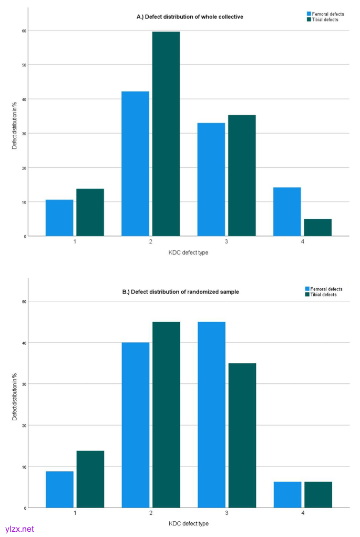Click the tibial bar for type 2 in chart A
(166, 134)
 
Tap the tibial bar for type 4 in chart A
(317, 227)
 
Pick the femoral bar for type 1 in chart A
(59, 218)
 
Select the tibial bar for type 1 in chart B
(90, 479)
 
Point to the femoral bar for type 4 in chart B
(287, 494)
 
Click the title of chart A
(190, 17)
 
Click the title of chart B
(188, 291)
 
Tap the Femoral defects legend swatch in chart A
(308, 13)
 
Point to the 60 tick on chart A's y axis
(24, 31)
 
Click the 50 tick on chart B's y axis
(24, 301)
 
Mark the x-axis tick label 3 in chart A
(227, 241)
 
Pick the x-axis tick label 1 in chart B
(75, 513)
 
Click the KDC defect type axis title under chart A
(188, 252)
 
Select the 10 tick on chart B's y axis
(24, 467)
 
